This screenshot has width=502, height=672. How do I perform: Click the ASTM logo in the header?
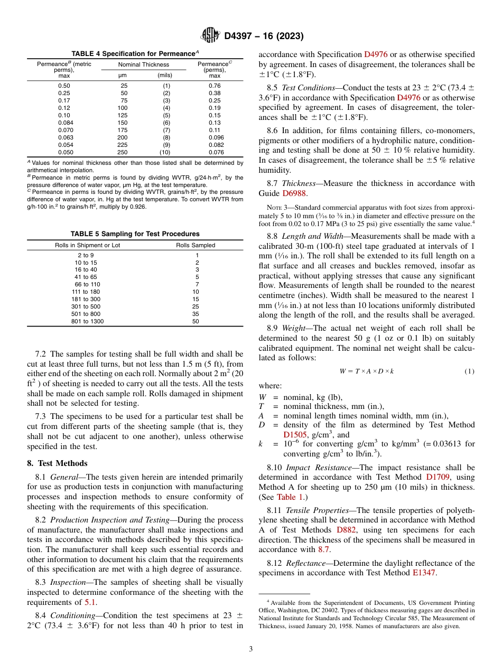pos(210,36)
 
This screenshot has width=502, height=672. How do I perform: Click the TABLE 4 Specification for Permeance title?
pos(135,54)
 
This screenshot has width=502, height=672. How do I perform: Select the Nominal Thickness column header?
pos(143,64)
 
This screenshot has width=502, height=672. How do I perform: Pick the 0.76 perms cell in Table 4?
pos(215,86)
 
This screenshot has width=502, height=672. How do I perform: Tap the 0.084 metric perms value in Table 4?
pos(64,123)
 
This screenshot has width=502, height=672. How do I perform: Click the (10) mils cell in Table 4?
pos(165,152)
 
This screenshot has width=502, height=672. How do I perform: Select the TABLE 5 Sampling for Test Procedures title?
pos(135,234)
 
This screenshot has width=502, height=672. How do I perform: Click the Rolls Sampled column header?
pos(196,245)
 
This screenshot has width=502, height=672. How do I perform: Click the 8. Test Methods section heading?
pos(56,463)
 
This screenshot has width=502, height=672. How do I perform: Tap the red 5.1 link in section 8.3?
pos(90,602)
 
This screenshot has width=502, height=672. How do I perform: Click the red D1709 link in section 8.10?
pos(436,478)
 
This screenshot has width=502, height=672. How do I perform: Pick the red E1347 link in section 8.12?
pos(424,573)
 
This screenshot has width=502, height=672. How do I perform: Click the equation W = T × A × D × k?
pos(366,371)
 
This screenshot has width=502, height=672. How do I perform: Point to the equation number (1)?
pos(469,371)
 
